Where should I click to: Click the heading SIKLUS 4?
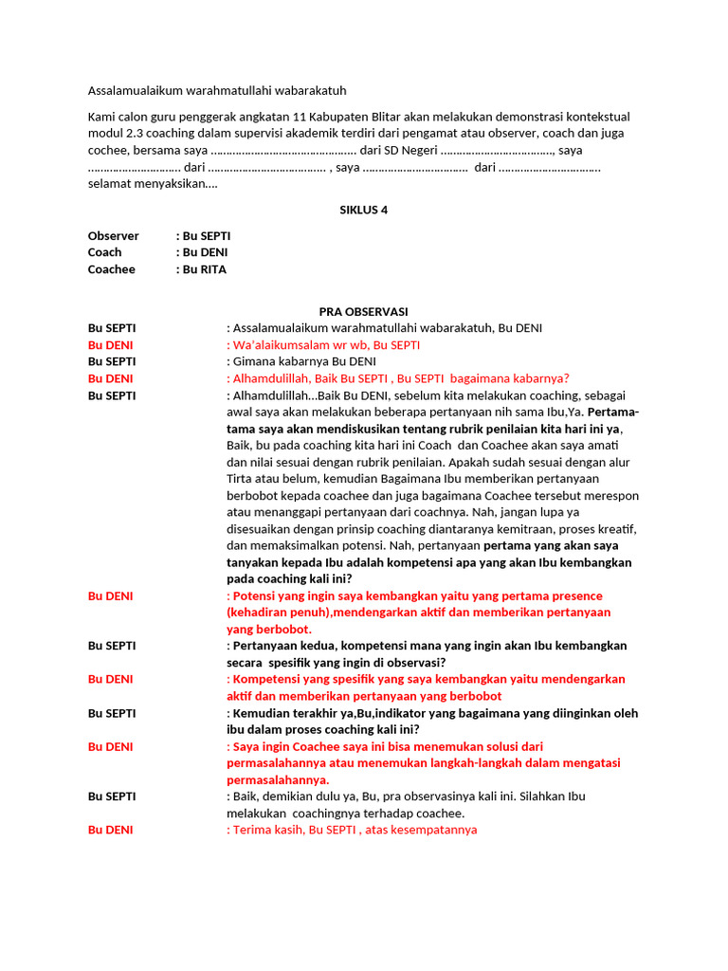point(364,211)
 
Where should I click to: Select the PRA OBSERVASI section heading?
point(363,311)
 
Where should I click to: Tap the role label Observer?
point(114,236)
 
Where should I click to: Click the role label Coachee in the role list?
point(112,269)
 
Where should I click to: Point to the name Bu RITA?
point(204,269)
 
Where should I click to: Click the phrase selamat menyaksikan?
point(152,184)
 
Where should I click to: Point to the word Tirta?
point(242,479)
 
